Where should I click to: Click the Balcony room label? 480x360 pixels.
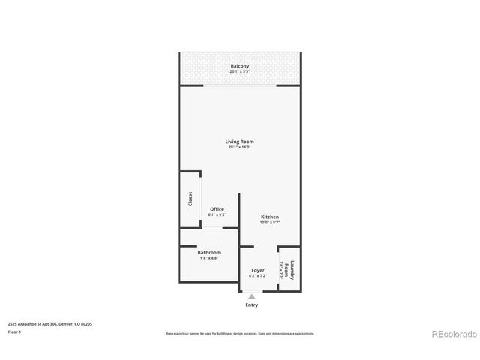(x=240, y=67)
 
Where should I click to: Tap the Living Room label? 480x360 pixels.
(x=240, y=142)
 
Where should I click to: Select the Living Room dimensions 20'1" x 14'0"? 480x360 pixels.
(x=240, y=148)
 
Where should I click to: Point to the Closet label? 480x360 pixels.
(x=190, y=199)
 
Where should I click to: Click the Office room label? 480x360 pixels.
(x=217, y=209)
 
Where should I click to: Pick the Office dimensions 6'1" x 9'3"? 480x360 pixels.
(x=217, y=215)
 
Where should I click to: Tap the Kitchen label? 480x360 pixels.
(x=270, y=217)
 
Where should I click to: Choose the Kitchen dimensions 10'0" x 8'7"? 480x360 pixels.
(x=270, y=223)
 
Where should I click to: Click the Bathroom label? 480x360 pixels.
(x=209, y=252)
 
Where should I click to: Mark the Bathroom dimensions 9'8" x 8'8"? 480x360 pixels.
(x=209, y=258)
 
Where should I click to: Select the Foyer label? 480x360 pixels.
(x=258, y=270)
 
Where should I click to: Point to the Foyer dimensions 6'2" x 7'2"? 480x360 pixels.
(x=258, y=276)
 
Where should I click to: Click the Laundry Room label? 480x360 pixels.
(x=293, y=269)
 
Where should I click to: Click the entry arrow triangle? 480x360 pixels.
(x=251, y=297)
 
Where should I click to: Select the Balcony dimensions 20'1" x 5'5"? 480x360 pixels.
(x=240, y=72)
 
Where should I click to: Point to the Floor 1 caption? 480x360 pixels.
(x=13, y=331)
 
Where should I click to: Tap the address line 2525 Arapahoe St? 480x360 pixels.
(x=49, y=323)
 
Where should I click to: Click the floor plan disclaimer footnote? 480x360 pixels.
(x=240, y=333)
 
